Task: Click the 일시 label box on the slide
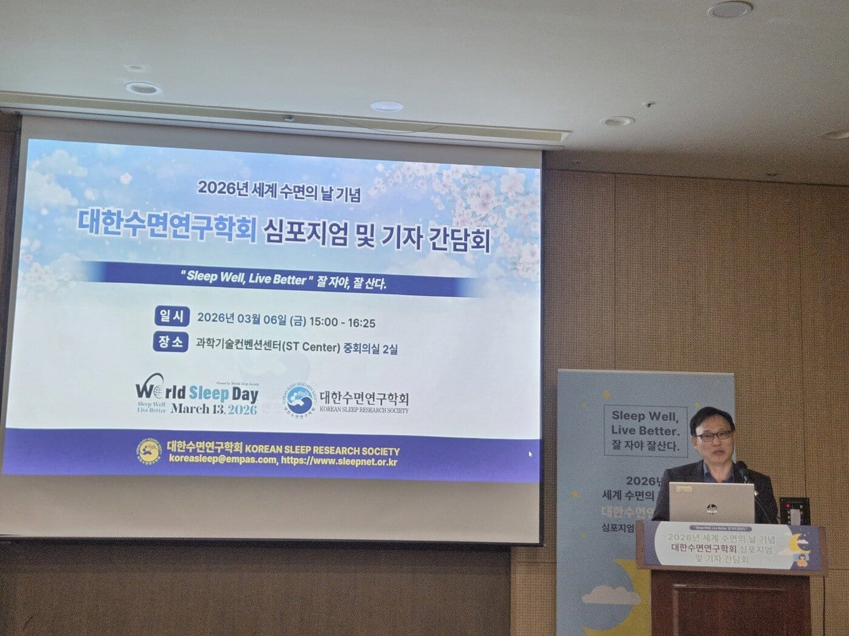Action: pyautogui.click(x=172, y=317)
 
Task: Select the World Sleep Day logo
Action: pyautogui.click(x=197, y=397)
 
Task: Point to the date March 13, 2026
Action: pyautogui.click(x=214, y=409)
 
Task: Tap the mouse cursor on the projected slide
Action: pyautogui.click(x=531, y=454)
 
